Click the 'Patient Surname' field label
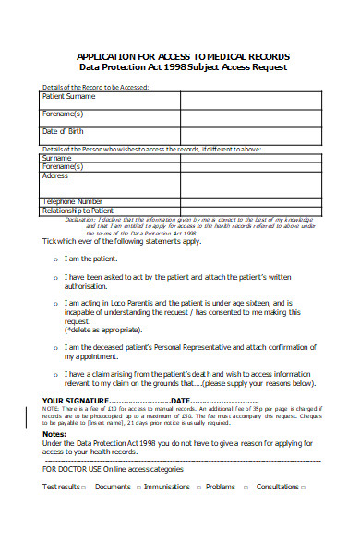click(69, 95)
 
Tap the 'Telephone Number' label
click(72, 200)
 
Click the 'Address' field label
click(55, 175)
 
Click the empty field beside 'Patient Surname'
click(231, 96)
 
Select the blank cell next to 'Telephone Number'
click(231, 200)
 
